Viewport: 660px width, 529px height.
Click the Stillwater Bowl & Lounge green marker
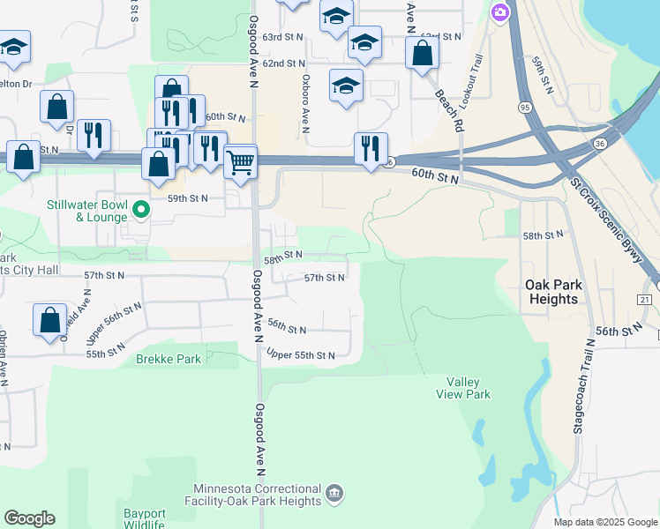click(140, 211)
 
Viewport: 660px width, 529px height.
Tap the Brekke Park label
click(168, 360)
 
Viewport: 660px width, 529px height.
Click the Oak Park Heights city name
click(551, 292)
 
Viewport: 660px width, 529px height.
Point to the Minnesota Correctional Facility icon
click(334, 491)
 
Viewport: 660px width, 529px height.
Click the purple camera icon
click(500, 11)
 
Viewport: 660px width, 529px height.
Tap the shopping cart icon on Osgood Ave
click(240, 162)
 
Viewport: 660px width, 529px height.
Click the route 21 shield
click(645, 300)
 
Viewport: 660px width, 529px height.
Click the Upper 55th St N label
click(301, 355)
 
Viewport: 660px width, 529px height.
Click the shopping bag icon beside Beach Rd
click(423, 53)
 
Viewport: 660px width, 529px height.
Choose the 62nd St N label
click(283, 63)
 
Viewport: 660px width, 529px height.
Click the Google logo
click(29, 518)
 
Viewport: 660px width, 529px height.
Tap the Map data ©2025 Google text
click(604, 522)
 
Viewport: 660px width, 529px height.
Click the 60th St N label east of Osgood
click(436, 178)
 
